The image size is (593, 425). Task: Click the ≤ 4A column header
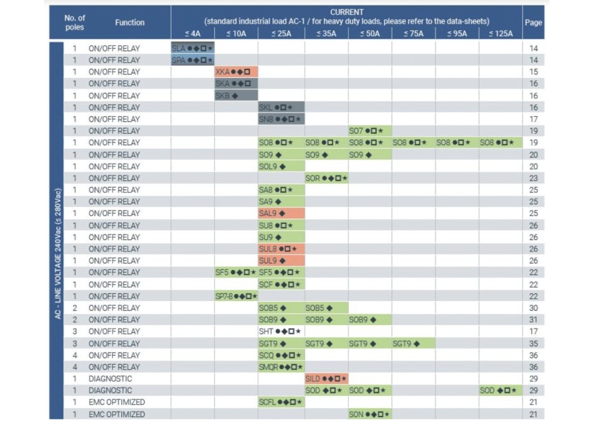click(x=192, y=33)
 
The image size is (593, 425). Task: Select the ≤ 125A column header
click(x=500, y=33)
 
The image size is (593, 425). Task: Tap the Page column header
click(x=533, y=23)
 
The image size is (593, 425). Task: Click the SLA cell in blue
click(x=192, y=48)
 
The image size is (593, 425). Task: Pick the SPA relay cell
click(x=192, y=60)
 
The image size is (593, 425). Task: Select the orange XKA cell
click(x=235, y=72)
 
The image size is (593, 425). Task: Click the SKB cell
click(x=235, y=96)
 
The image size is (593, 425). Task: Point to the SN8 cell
click(x=281, y=119)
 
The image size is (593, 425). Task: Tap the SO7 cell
click(x=369, y=131)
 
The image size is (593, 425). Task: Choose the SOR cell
click(x=326, y=178)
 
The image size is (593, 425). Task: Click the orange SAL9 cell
click(x=281, y=213)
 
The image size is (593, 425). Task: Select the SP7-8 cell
click(x=235, y=296)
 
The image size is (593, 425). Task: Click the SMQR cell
click(x=281, y=367)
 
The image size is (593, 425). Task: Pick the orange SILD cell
click(x=326, y=379)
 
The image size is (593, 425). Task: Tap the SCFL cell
click(x=281, y=402)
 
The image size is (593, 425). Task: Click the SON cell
click(x=369, y=414)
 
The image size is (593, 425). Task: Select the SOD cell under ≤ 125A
click(x=500, y=390)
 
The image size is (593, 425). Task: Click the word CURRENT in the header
click(x=346, y=12)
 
